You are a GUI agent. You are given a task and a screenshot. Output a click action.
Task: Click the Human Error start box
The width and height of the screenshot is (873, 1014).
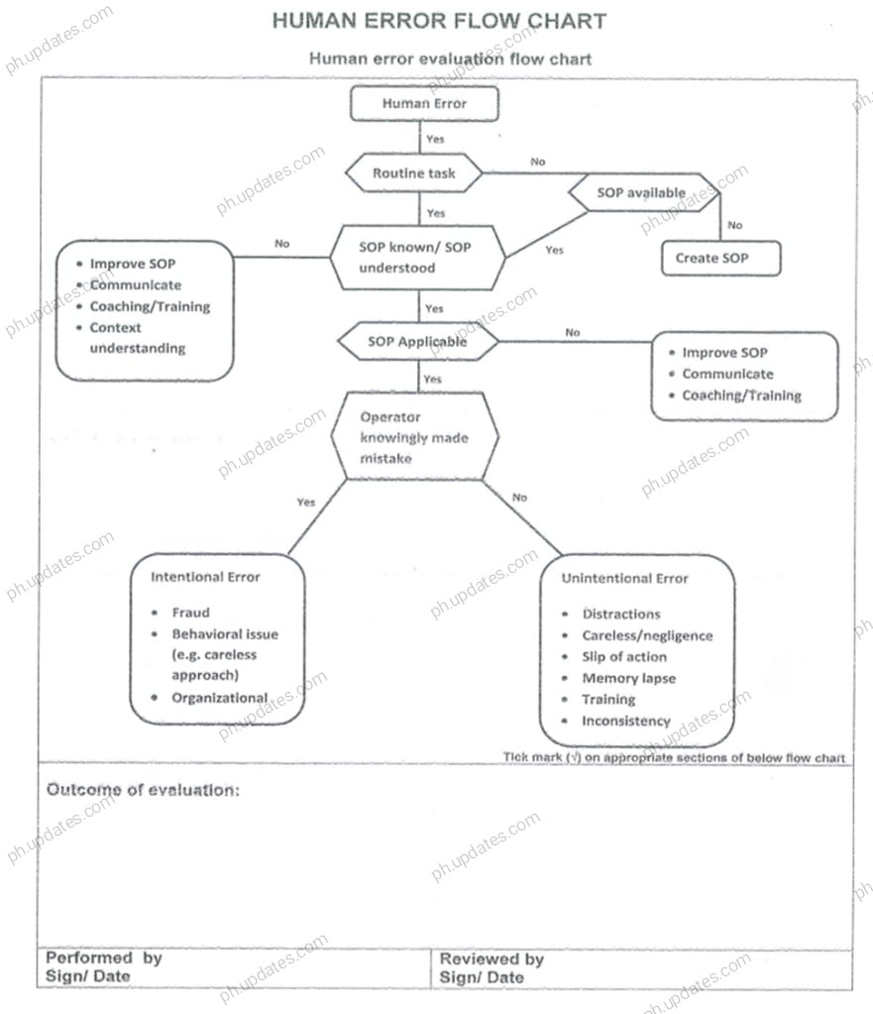click(424, 103)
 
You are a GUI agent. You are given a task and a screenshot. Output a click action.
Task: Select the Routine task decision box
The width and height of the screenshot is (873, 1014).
click(414, 173)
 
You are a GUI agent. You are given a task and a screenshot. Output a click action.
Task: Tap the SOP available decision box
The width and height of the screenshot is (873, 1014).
click(641, 192)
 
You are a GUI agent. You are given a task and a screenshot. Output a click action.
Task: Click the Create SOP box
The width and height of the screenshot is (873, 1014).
click(720, 258)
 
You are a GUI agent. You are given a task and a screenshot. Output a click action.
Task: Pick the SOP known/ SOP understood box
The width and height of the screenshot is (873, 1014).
click(415, 258)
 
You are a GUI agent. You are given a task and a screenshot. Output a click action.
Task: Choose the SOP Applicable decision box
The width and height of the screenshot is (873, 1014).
click(417, 342)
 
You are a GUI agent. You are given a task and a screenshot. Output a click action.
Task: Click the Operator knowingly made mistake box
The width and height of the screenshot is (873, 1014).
click(414, 438)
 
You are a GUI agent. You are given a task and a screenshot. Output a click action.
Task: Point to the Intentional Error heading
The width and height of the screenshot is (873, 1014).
click(205, 577)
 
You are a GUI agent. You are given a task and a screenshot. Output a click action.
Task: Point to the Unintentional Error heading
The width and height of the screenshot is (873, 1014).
click(624, 578)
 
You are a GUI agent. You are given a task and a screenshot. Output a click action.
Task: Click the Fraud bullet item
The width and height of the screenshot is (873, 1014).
click(191, 613)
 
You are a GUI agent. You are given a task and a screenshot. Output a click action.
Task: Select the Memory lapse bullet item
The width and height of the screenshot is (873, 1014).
click(628, 678)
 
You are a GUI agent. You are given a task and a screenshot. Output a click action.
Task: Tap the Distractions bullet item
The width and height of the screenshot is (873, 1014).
click(621, 614)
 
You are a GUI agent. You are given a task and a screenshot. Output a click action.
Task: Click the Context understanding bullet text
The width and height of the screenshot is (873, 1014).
click(137, 338)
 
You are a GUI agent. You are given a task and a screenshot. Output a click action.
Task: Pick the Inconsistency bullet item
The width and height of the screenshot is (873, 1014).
click(626, 721)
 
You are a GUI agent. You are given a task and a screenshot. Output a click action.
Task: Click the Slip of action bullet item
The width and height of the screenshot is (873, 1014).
click(624, 656)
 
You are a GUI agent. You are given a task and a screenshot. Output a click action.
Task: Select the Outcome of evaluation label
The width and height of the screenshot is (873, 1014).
click(143, 790)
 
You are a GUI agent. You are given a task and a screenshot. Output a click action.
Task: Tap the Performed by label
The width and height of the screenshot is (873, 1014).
click(104, 958)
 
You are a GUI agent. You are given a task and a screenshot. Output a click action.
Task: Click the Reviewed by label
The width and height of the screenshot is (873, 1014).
click(491, 958)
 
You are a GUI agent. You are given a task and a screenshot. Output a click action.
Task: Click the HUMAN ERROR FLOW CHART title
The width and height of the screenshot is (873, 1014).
click(439, 21)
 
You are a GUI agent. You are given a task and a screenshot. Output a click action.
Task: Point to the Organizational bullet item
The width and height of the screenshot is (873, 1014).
click(219, 697)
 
